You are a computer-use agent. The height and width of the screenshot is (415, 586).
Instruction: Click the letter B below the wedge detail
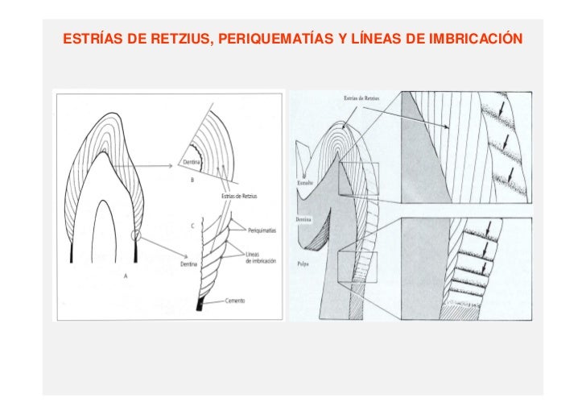192,181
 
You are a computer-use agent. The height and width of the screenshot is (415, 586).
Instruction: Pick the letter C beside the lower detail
192,226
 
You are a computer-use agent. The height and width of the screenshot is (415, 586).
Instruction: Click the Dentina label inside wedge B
192,162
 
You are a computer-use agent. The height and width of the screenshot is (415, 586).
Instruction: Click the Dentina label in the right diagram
304,218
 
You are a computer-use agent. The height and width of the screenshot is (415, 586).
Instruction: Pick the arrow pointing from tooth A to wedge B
145,167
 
